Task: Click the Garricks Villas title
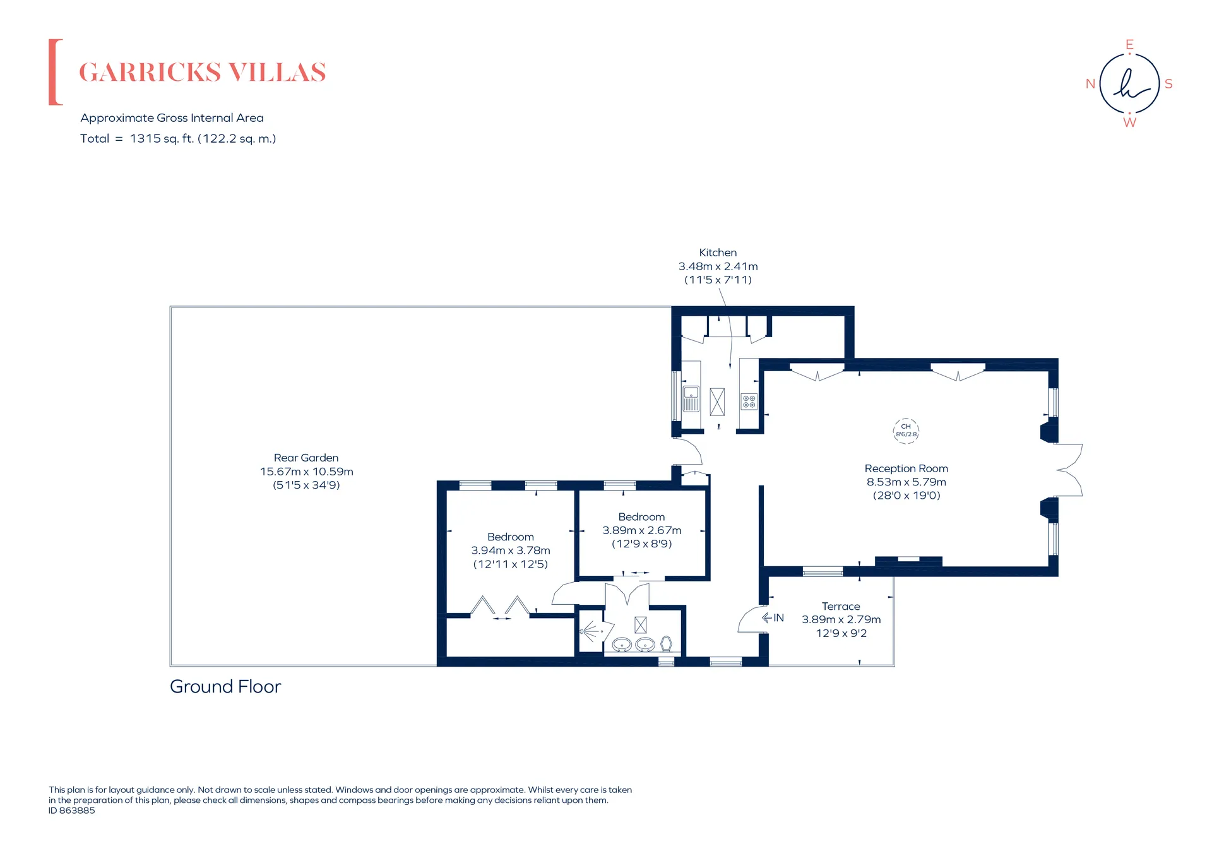pyautogui.click(x=202, y=73)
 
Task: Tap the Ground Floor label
pyautogui.click(x=225, y=686)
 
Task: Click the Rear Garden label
pyautogui.click(x=306, y=458)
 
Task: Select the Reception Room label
pyautogui.click(x=906, y=468)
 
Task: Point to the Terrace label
pyautogui.click(x=841, y=606)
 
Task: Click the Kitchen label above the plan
pyautogui.click(x=718, y=253)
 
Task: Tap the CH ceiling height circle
pyautogui.click(x=906, y=431)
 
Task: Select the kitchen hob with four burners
pyautogui.click(x=749, y=402)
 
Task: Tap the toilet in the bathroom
pyautogui.click(x=666, y=644)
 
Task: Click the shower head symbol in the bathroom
pyautogui.click(x=590, y=631)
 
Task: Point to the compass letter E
pyautogui.click(x=1129, y=44)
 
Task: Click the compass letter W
pyautogui.click(x=1129, y=122)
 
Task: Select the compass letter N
pyautogui.click(x=1090, y=84)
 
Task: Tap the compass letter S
pyautogui.click(x=1168, y=84)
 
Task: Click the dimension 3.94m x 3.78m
pyautogui.click(x=511, y=550)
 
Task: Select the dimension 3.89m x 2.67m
pyautogui.click(x=642, y=530)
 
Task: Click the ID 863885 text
pyautogui.click(x=72, y=811)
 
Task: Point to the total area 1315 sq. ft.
pyautogui.click(x=162, y=138)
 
